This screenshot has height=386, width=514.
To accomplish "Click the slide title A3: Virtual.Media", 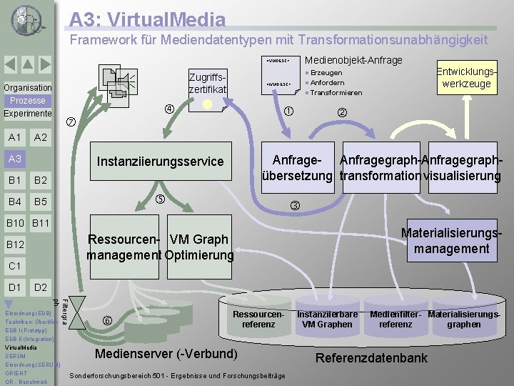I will [148, 20].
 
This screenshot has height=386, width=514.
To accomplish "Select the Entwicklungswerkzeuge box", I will [466, 78].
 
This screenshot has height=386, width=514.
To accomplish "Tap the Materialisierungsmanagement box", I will [451, 240].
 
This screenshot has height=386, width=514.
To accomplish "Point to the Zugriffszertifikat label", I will [208, 82].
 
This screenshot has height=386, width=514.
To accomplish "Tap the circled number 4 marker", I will [169, 109].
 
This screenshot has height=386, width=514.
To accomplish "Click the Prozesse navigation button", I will [27, 101].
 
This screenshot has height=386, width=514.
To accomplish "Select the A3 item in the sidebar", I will [15, 158].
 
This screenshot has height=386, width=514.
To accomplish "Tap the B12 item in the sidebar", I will [15, 244].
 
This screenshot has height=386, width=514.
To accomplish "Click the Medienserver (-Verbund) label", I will [166, 354].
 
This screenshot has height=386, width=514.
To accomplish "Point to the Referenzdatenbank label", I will [372, 358].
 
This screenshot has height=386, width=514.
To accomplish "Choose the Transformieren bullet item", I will [336, 93].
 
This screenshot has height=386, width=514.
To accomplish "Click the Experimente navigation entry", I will [27, 114].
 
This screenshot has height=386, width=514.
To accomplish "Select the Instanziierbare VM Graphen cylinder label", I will [327, 320].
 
